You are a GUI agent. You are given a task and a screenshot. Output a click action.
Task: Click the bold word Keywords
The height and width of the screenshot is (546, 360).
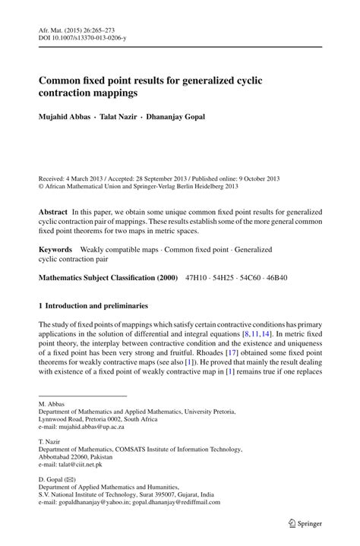tap(55, 248)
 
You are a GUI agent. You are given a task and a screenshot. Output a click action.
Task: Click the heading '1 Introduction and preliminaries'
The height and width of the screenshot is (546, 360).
tap(93, 306)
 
